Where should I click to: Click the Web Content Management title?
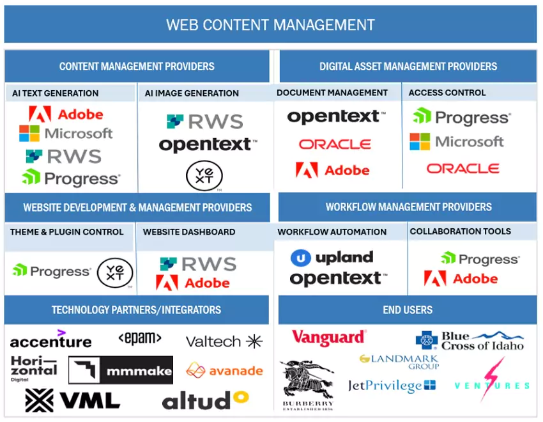pos(270,25)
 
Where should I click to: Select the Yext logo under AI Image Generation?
pos(204,176)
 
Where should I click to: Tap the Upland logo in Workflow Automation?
pos(332,258)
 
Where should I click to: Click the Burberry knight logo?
pos(307,384)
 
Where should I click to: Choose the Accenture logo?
pos(50,340)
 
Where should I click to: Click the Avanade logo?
pos(224,370)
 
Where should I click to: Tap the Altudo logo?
pos(204,400)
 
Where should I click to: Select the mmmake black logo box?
pos(121,370)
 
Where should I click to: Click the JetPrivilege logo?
pos(392,386)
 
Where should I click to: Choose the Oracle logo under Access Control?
pos(463,169)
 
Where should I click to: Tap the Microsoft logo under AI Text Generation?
pos(66,134)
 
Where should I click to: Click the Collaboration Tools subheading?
pos(460,231)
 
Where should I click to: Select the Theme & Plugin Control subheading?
pos(66,231)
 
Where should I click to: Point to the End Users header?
pos(408,310)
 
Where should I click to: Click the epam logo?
pos(140,338)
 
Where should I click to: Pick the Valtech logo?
pos(224,341)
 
